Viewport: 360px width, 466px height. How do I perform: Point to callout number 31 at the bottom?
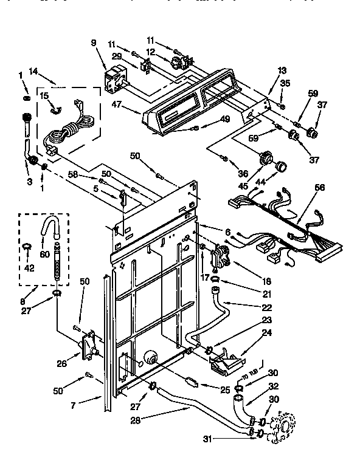coord(207,440)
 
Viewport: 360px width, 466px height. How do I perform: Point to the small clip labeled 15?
coord(53,109)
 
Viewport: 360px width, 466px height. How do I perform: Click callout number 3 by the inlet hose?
coord(29,181)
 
